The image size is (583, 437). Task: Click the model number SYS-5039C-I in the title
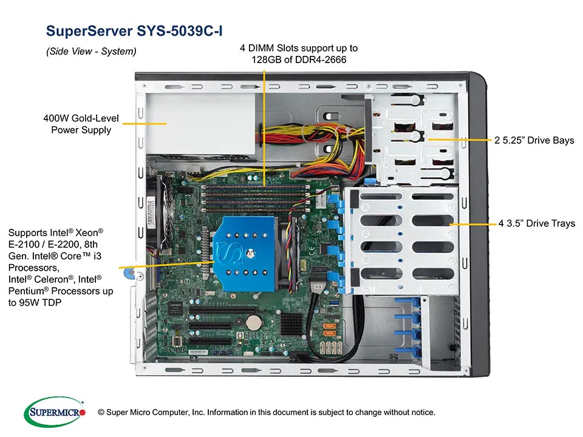click(x=182, y=30)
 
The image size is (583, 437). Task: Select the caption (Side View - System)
click(x=91, y=52)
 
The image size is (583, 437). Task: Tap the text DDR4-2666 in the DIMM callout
click(x=321, y=59)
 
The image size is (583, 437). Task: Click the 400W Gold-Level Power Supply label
click(x=81, y=124)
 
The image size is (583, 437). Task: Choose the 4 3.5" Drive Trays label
click(x=536, y=224)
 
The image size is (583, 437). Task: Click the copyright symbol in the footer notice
click(x=101, y=413)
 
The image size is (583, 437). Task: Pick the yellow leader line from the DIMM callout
click(x=264, y=121)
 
